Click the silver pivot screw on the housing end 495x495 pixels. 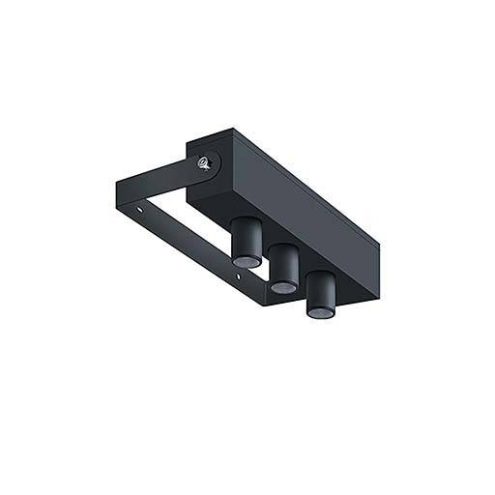[204, 163]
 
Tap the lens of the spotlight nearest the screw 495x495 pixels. [246, 261]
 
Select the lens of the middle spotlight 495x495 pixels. [281, 287]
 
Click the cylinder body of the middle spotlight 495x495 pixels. [282, 265]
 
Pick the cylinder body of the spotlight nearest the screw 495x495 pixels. [246, 238]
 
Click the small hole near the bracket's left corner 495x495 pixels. [145, 206]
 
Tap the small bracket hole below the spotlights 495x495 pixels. [238, 279]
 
